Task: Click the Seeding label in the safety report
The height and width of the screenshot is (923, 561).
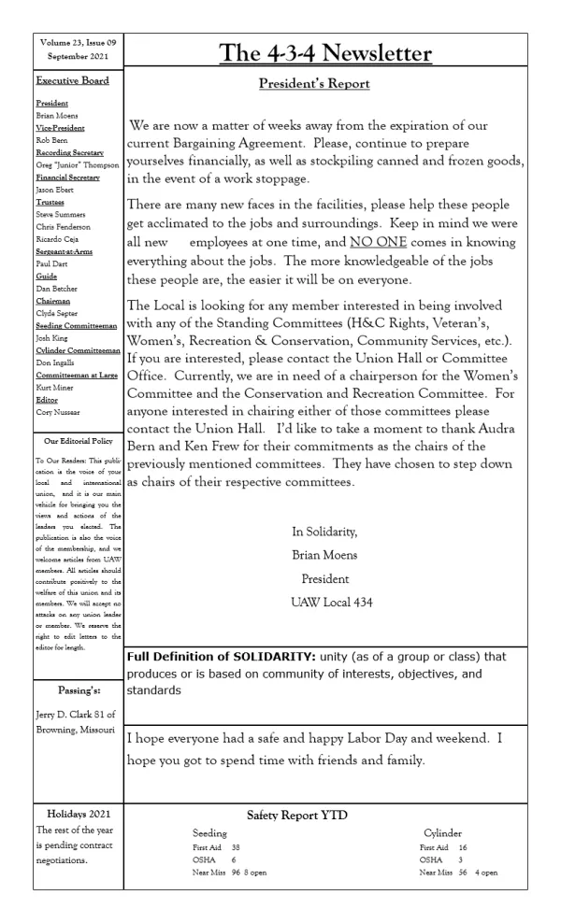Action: (209, 831)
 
